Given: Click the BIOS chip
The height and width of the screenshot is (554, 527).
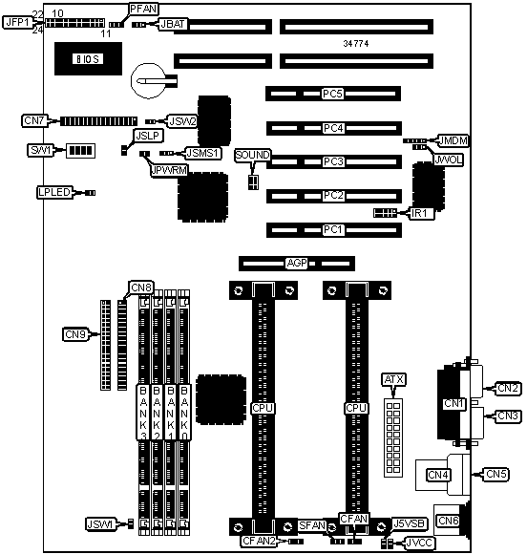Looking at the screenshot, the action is pos(88,58).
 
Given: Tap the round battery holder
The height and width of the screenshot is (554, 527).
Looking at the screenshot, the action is pos(149,80).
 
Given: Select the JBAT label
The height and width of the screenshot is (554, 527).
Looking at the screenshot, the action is pos(173,24).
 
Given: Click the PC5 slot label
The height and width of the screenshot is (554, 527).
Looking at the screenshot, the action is pos(332,94).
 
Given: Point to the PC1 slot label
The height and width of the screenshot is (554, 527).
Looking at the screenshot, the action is pos(333,229).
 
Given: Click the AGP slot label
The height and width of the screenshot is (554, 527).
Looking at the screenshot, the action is pos(296,264).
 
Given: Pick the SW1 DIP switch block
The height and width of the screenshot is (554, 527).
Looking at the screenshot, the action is pos(81,151).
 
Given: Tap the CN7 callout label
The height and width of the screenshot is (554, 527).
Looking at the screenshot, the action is pos(34,121).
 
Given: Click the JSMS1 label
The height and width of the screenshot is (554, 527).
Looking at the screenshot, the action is pos(203,153).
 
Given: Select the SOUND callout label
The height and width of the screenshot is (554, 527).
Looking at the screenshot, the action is pos(252,155).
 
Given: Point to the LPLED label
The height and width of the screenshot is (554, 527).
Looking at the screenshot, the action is pos(54,192).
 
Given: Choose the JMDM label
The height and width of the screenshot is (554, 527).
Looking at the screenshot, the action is pos(453,140).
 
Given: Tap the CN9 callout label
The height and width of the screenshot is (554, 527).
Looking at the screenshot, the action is pos(75,334).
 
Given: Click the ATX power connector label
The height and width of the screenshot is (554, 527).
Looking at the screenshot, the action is pos(393,379).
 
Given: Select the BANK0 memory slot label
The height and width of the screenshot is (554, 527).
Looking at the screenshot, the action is pos(184,413).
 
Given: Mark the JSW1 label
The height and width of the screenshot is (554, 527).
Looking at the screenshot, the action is pos(100,524).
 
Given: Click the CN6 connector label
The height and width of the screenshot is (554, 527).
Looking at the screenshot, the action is pos(448,521).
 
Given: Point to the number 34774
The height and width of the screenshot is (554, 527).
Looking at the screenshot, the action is pos(356,43).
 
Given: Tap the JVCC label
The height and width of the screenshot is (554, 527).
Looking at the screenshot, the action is pos(420,543).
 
